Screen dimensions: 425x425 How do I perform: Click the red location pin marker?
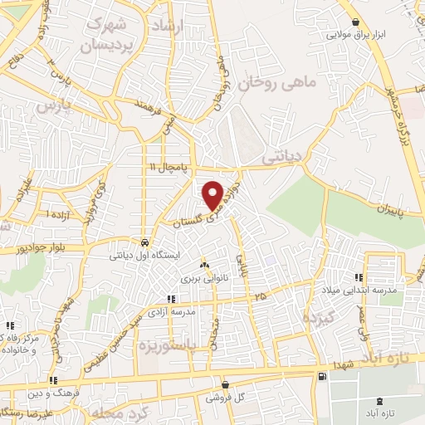pos(213,195)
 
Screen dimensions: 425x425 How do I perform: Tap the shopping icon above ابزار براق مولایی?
pos(356,22)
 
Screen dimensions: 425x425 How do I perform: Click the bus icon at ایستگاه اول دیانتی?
pos(146,243)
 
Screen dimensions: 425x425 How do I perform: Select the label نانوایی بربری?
pos(204,279)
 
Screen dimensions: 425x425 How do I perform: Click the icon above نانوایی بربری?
pos(204,266)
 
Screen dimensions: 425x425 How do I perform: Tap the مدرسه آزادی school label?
pos(172,312)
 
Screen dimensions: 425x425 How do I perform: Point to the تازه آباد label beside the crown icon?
pos(379,413)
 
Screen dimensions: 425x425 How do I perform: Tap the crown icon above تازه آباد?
pos(379,400)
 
